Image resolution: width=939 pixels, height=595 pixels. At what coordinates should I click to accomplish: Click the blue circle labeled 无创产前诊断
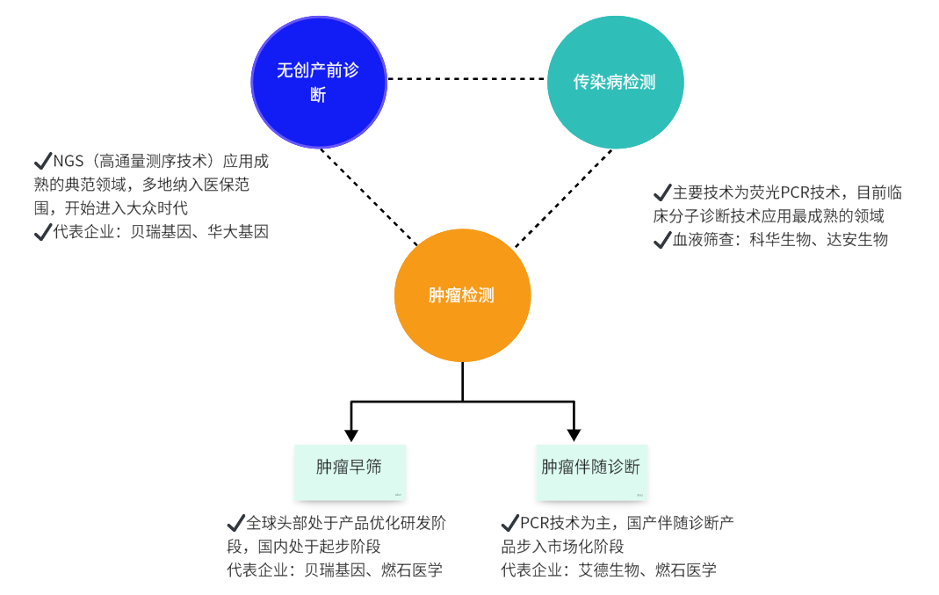pyautogui.click(x=318, y=82)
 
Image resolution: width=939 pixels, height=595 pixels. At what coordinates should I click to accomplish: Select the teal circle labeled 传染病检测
pyautogui.click(x=615, y=82)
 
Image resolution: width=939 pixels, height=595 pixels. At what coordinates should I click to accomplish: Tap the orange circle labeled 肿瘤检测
pyautogui.click(x=462, y=294)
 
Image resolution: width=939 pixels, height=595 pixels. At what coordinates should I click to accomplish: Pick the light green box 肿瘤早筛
pyautogui.click(x=350, y=468)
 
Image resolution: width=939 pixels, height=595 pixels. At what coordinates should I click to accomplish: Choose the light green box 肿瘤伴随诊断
pyautogui.click(x=591, y=468)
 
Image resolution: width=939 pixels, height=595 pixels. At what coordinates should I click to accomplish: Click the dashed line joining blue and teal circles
pyautogui.click(x=466, y=79)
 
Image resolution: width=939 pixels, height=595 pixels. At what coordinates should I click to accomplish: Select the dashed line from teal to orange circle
pyautogui.click(x=562, y=198)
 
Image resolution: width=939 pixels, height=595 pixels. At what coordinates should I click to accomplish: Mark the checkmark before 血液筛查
pyautogui.click(x=662, y=239)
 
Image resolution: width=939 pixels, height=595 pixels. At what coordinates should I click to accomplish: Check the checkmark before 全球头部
pyautogui.click(x=235, y=522)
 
